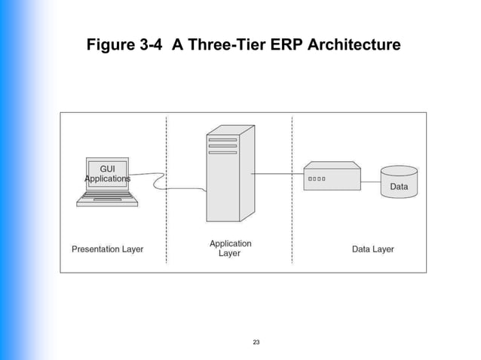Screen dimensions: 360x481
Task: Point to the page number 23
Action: click(256, 343)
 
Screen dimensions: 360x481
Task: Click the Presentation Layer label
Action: click(107, 249)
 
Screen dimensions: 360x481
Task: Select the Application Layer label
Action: click(230, 249)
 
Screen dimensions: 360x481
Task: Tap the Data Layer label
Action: click(372, 249)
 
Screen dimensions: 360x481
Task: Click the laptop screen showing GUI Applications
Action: click(107, 173)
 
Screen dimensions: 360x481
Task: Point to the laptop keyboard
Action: click(107, 198)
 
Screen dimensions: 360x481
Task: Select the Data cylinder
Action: click(399, 182)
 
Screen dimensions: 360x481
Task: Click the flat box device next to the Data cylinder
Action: click(332, 178)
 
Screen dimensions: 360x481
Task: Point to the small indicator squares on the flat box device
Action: click(317, 179)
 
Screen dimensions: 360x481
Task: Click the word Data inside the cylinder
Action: click(399, 186)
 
